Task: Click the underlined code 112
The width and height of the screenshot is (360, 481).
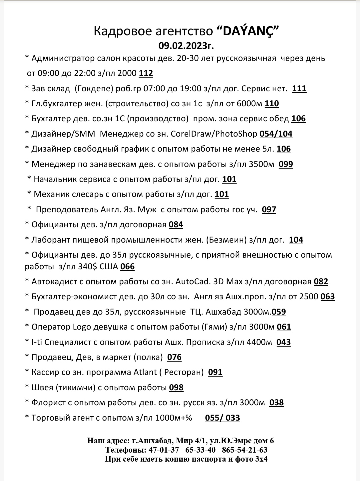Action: point(146,73)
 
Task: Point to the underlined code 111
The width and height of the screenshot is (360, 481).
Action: point(299,89)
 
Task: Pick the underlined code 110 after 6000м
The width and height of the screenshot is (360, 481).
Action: point(272,104)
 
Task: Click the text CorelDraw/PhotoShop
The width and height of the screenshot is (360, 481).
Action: point(214,134)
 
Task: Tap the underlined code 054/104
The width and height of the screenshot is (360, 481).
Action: point(276,134)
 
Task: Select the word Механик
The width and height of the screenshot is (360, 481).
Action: point(49,194)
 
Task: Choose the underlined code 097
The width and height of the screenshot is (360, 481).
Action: point(269,210)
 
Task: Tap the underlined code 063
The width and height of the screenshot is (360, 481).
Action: point(328,297)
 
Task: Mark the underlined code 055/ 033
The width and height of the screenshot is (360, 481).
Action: point(222,418)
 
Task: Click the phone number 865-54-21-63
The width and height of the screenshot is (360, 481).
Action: point(245,450)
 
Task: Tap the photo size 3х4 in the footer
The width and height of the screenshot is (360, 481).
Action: point(260,459)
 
